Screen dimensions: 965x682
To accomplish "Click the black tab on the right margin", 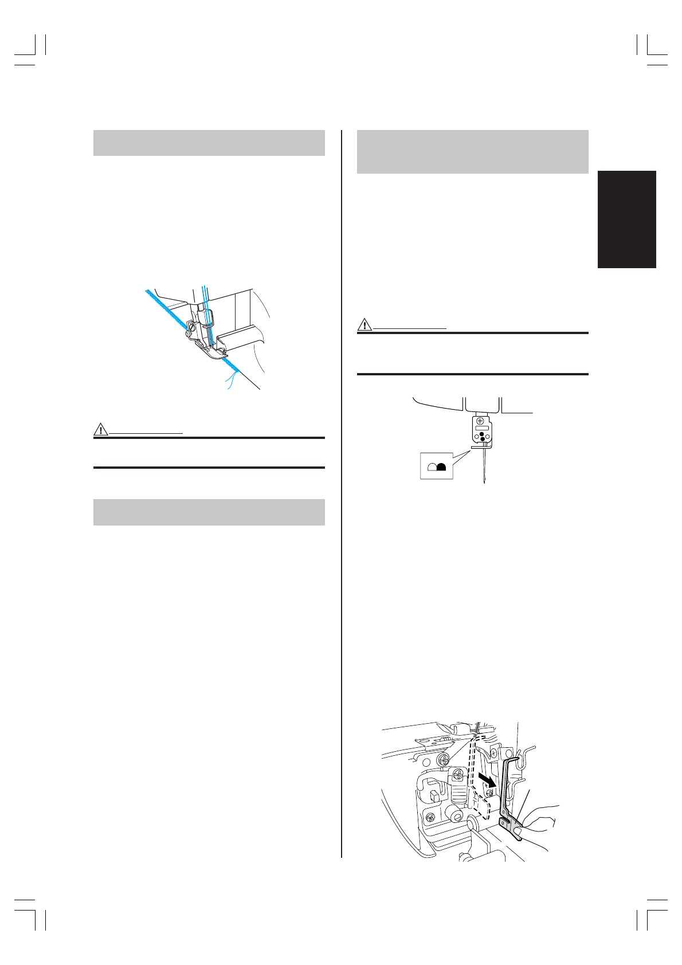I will (626, 219).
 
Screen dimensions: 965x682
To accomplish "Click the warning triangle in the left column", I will (100, 429).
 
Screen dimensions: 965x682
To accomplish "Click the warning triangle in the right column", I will (364, 324).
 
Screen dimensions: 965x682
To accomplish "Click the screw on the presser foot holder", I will (188, 333).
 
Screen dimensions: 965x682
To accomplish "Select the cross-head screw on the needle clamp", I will (480, 421).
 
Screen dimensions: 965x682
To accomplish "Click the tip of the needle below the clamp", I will (485, 482).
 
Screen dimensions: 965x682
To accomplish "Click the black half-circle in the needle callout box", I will (441, 466).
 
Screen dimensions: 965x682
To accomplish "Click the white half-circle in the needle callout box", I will (432, 466).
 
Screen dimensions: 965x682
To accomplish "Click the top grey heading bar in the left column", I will (209, 143).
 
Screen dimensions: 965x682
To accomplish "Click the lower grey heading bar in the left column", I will (209, 512).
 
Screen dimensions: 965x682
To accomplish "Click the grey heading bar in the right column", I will (472, 152).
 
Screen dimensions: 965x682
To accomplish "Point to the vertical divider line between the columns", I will (342, 493).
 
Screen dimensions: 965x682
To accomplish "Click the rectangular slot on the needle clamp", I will (481, 428).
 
